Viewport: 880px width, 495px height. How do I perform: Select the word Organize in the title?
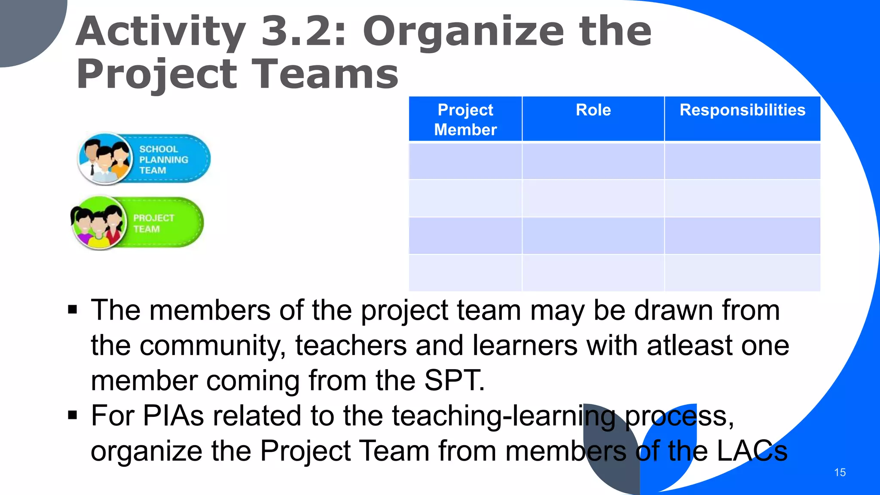click(464, 32)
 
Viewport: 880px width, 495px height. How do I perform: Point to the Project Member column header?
click(465, 119)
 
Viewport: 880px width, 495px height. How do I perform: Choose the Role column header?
click(593, 110)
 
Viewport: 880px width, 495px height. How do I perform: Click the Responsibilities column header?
click(742, 110)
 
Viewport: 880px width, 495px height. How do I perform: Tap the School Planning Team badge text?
click(163, 159)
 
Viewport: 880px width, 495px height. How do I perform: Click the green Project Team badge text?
click(153, 223)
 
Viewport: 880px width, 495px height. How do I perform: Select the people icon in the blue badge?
click(105, 159)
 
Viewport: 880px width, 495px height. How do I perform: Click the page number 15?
click(840, 472)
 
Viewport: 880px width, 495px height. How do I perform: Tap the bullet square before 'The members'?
click(73, 310)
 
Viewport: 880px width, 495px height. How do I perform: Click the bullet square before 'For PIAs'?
click(73, 416)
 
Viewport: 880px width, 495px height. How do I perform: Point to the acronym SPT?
click(454, 380)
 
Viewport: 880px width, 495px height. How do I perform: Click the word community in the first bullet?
click(213, 345)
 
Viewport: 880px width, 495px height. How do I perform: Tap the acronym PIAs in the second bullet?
click(173, 416)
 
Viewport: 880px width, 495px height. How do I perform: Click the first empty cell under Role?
click(593, 161)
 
